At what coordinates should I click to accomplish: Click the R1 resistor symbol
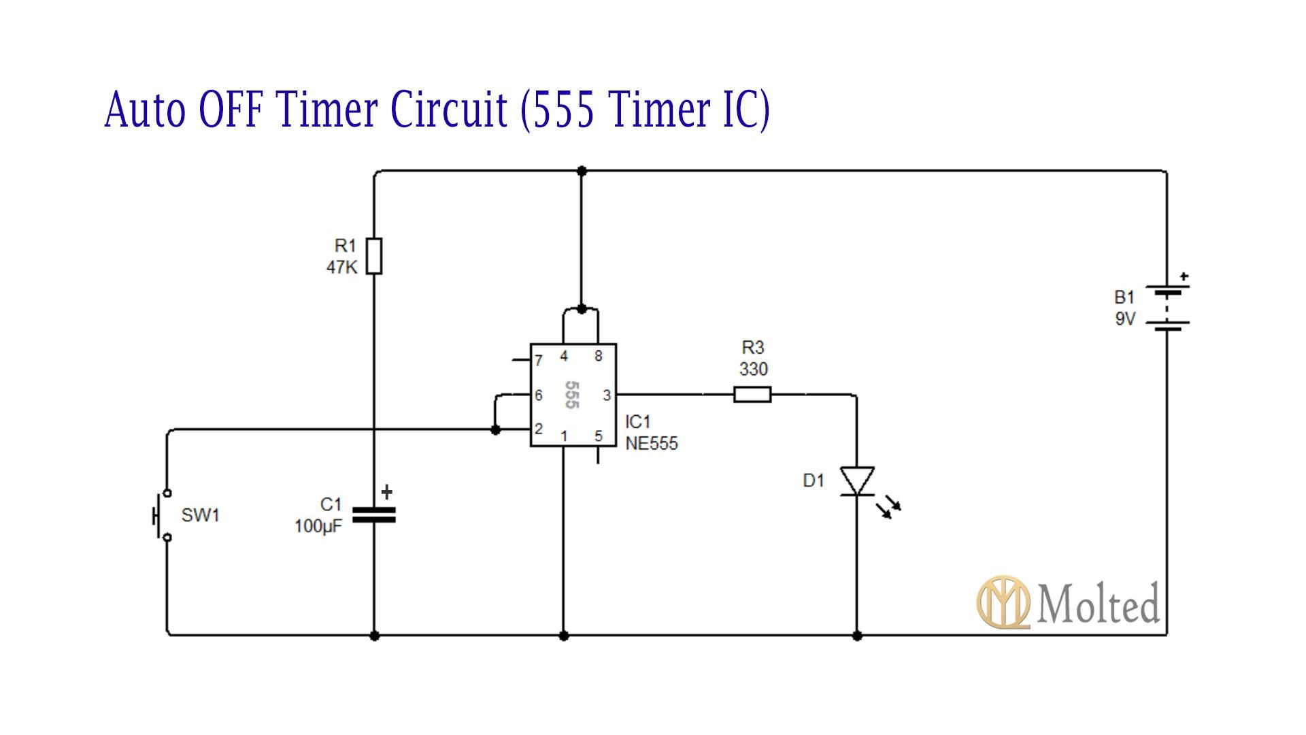pyautogui.click(x=374, y=256)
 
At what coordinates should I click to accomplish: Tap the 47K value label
pyautogui.click(x=341, y=267)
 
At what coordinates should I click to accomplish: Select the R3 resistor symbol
pyautogui.click(x=752, y=394)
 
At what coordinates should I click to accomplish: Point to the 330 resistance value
pyautogui.click(x=753, y=370)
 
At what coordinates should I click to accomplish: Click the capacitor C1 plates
pyautogui.click(x=374, y=514)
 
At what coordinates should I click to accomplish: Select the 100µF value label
pyautogui.click(x=318, y=526)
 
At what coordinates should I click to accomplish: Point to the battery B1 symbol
pyautogui.click(x=1167, y=308)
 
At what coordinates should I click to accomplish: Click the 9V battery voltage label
pyautogui.click(x=1125, y=318)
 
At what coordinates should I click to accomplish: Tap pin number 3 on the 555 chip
pyautogui.click(x=607, y=395)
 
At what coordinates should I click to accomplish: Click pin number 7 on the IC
pyautogui.click(x=539, y=360)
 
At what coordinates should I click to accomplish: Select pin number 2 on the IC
pyautogui.click(x=539, y=429)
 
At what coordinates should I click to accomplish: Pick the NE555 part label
pyautogui.click(x=652, y=444)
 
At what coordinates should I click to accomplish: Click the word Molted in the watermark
pyautogui.click(x=1099, y=604)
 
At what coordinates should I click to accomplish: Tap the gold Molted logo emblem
pyautogui.click(x=1003, y=602)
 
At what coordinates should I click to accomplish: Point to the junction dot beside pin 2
pyautogui.click(x=495, y=430)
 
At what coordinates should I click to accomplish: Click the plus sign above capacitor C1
pyautogui.click(x=387, y=491)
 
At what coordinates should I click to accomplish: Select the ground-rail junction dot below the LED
pyautogui.click(x=857, y=636)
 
